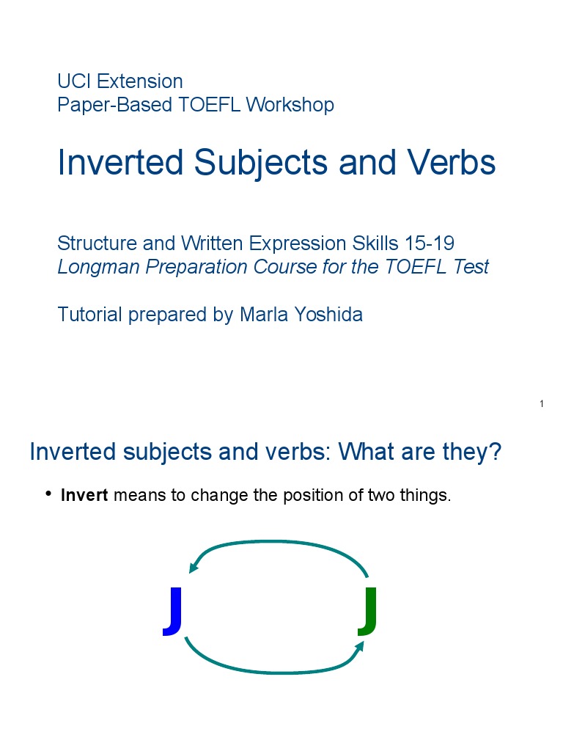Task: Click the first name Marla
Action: (x=264, y=315)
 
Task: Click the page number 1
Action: (x=541, y=404)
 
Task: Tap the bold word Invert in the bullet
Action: (x=84, y=495)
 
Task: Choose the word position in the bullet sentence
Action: (x=308, y=496)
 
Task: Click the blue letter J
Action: (x=173, y=610)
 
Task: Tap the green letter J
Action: (x=368, y=610)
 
